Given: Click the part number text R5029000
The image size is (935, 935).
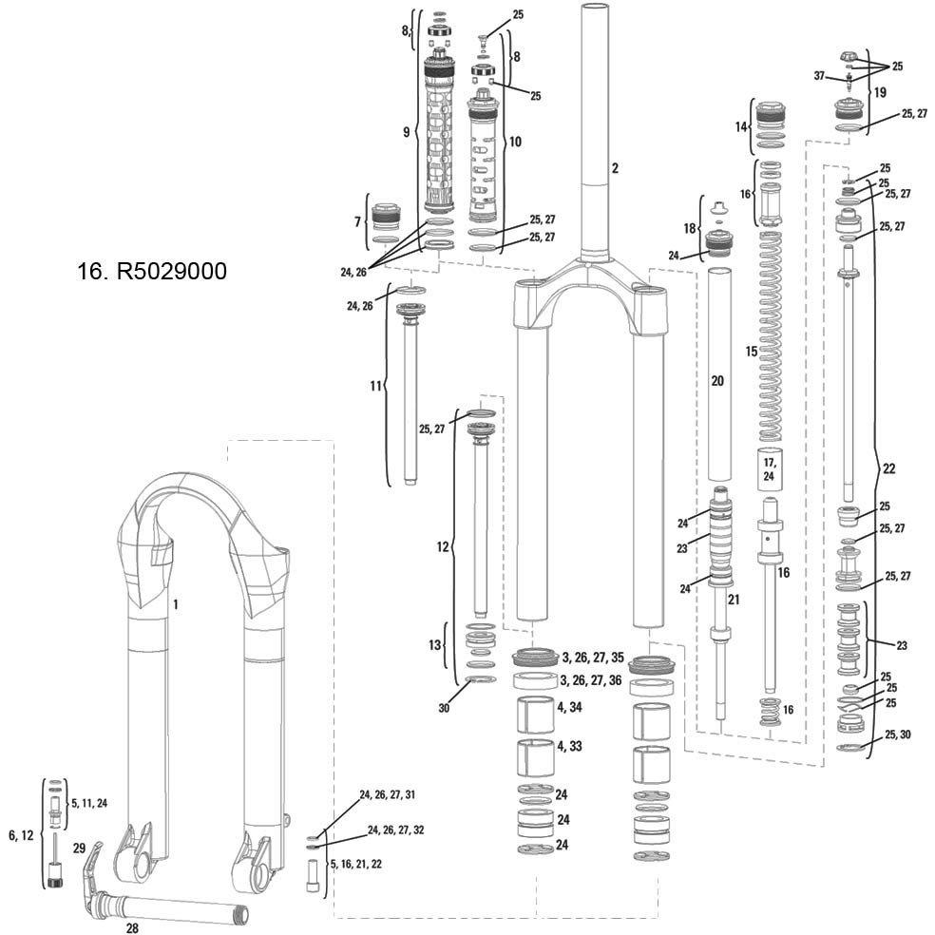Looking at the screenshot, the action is click(x=172, y=272).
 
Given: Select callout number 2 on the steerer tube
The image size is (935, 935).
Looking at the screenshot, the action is click(x=615, y=168).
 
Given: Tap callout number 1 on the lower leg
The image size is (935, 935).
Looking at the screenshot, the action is click(x=175, y=604).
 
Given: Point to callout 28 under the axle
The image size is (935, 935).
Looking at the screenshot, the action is click(x=132, y=927).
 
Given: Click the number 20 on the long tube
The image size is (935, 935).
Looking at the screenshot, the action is click(x=717, y=380).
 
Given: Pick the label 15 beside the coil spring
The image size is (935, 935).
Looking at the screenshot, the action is click(x=752, y=352).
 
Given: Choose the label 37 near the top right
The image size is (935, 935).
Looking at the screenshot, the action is click(x=819, y=76).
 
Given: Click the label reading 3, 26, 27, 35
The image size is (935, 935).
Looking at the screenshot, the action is click(x=593, y=658).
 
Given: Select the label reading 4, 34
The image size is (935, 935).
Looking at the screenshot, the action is click(x=569, y=707).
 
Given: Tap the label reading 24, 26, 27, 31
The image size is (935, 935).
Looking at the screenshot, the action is click(x=388, y=795).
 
